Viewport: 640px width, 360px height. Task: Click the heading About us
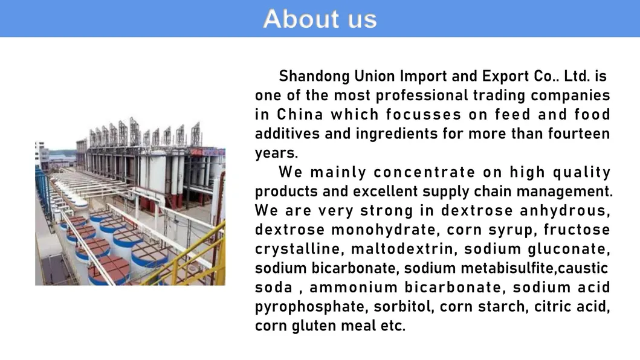point(320,19)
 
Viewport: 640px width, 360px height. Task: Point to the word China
point(300,115)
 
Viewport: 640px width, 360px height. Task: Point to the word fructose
point(577,230)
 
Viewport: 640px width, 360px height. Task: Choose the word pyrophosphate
point(311,307)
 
